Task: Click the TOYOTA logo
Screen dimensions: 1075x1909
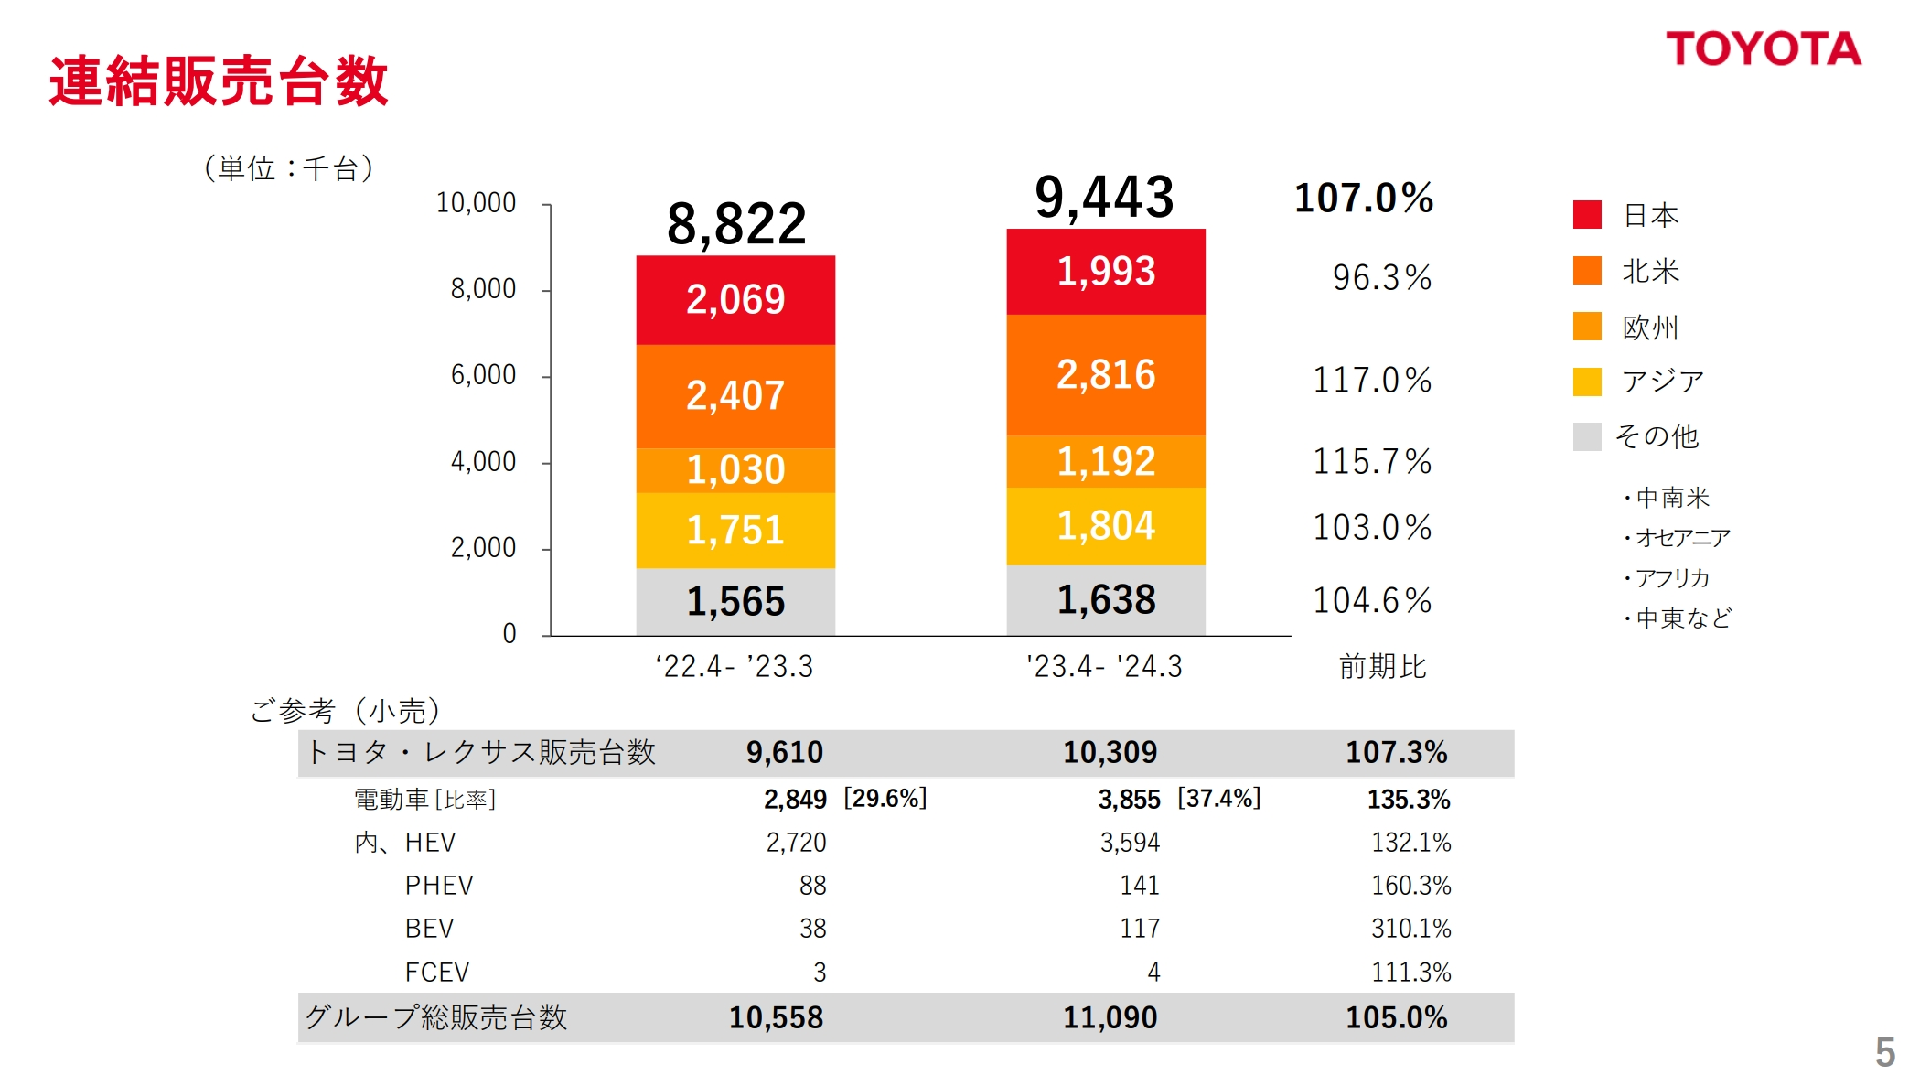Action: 1763,49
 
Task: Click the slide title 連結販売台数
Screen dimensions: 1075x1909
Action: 219,81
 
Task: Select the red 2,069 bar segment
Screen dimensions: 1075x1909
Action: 735,300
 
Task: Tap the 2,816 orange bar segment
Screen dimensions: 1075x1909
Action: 1105,375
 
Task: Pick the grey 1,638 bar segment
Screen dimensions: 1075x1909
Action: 1105,600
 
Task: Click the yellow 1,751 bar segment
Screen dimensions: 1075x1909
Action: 735,531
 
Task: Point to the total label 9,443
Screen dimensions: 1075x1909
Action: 1104,198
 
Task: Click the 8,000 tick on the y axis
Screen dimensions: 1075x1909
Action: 483,289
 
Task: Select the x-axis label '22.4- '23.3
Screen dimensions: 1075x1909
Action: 735,666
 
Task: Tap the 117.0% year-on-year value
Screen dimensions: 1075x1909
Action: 1372,380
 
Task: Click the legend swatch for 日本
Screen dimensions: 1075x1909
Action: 1587,215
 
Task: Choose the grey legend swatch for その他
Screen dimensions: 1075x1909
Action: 1587,436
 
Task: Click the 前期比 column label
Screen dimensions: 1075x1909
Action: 1382,666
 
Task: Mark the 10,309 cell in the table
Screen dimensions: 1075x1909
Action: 1110,753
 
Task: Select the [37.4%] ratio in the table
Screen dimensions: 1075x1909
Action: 1218,799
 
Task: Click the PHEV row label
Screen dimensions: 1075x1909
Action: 439,886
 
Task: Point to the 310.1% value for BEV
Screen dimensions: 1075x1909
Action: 1410,929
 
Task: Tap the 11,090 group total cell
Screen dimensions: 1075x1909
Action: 1110,1017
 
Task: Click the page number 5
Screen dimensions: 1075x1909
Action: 1884,1051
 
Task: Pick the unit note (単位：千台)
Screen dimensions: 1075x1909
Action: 288,168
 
